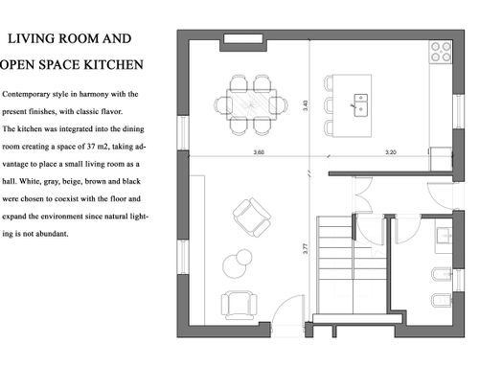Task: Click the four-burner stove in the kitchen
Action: [441, 52]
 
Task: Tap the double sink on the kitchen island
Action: [361, 105]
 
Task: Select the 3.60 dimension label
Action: [259, 152]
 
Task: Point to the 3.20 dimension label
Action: [391, 152]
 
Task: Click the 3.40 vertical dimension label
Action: [306, 105]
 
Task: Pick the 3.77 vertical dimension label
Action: [306, 248]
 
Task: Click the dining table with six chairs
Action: [251, 104]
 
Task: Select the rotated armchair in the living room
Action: [252, 218]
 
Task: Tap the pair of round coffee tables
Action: [238, 264]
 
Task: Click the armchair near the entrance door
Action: [239, 306]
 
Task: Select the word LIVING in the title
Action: [31, 38]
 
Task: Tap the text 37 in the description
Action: [92, 147]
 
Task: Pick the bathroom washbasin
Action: [444, 237]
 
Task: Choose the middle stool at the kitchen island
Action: [329, 104]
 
